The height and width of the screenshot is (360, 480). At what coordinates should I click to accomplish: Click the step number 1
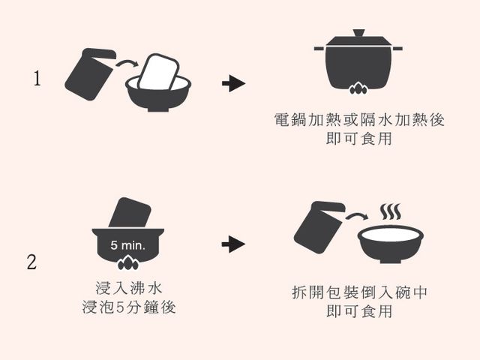point(37,79)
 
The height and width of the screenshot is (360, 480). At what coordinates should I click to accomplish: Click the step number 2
point(31,262)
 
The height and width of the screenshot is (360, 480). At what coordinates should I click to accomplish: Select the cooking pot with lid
point(357,64)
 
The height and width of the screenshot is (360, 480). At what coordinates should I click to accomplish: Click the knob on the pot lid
point(358,33)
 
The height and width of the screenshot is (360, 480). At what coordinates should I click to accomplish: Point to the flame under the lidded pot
point(358,91)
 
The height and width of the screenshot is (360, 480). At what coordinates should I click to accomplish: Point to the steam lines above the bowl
point(390,212)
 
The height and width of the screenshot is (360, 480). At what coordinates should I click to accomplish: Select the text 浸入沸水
point(133,287)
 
